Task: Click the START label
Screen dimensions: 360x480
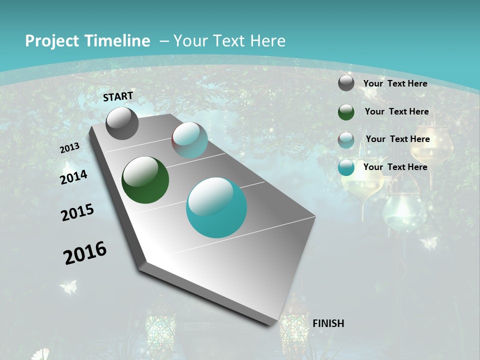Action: (x=118, y=96)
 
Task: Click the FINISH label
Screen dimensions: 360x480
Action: (x=328, y=323)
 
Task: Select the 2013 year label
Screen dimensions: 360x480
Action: (x=69, y=148)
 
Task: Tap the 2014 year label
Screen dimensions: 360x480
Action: (x=73, y=177)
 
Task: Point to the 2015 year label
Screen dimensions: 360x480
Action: (x=77, y=212)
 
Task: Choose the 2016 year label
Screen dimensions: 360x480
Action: (x=85, y=253)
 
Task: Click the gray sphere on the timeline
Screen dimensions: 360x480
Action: (x=122, y=123)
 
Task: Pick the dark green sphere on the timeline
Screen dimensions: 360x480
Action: (x=145, y=180)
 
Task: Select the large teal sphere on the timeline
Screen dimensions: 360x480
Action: (x=216, y=207)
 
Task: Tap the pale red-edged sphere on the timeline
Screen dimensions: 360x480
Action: (x=189, y=140)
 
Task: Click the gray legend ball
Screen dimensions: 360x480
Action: (x=346, y=83)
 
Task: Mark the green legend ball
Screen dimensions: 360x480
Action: (x=346, y=112)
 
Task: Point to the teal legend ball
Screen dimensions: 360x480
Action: (x=346, y=167)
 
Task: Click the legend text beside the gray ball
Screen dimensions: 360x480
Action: (x=395, y=83)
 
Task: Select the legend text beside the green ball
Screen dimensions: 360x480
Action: (x=396, y=111)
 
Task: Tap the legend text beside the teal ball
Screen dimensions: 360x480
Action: (x=395, y=167)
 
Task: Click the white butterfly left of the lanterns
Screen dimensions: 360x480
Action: (x=428, y=243)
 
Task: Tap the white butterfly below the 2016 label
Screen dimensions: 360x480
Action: (x=68, y=287)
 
